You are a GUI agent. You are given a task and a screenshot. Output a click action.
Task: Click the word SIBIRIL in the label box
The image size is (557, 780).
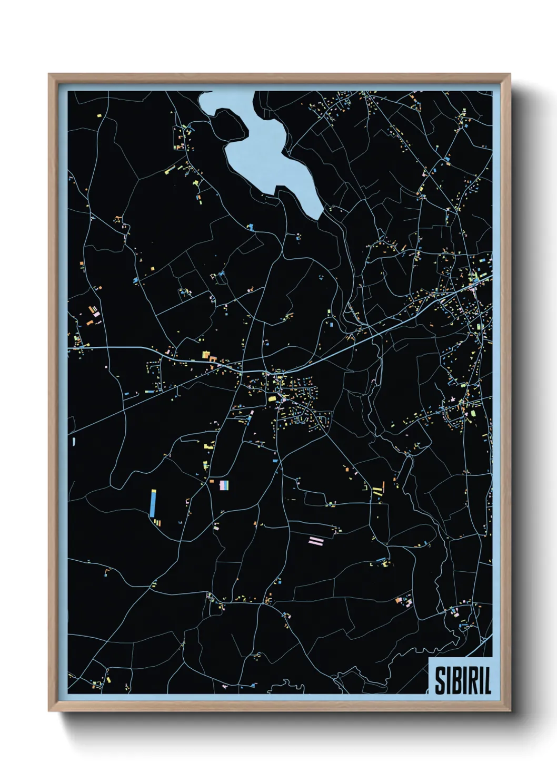(x=462, y=681)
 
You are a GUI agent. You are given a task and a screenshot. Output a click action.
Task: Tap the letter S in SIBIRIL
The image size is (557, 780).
(x=440, y=681)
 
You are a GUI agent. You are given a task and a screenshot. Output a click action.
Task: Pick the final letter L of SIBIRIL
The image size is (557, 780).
(x=487, y=681)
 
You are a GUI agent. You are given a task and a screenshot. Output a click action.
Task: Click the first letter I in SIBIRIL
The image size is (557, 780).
(x=447, y=681)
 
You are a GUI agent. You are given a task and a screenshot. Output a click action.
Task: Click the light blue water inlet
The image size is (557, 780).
(x=263, y=153)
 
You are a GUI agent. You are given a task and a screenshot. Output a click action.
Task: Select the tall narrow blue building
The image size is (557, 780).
(x=153, y=503)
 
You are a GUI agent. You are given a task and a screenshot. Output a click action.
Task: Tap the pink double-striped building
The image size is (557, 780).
(x=316, y=540)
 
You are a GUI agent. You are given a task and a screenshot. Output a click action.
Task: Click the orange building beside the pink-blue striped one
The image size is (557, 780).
(x=212, y=481)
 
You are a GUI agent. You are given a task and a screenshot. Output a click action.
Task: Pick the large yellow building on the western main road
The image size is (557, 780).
(x=205, y=355)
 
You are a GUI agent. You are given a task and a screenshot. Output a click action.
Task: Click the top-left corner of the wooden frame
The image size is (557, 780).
(x=49, y=75)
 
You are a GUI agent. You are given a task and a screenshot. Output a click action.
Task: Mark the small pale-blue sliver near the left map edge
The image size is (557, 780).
(x=73, y=441)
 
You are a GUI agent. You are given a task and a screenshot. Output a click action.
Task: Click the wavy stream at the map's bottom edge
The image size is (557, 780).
(x=287, y=685)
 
